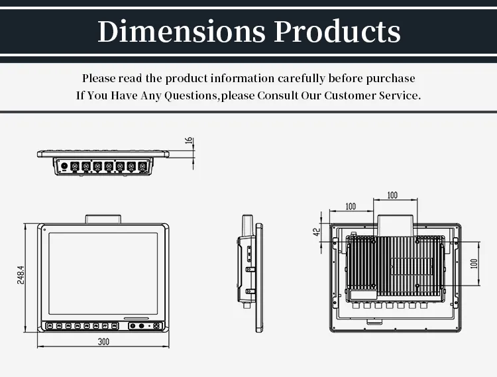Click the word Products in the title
(337, 31)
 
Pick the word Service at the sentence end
(398, 95)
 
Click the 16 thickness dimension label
(188, 141)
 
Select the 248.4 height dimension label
(21, 276)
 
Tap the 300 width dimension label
(103, 341)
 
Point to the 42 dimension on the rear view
(317, 232)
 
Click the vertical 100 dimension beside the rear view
(473, 263)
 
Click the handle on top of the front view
(103, 219)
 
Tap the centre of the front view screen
(103, 273)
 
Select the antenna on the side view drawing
(247, 225)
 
